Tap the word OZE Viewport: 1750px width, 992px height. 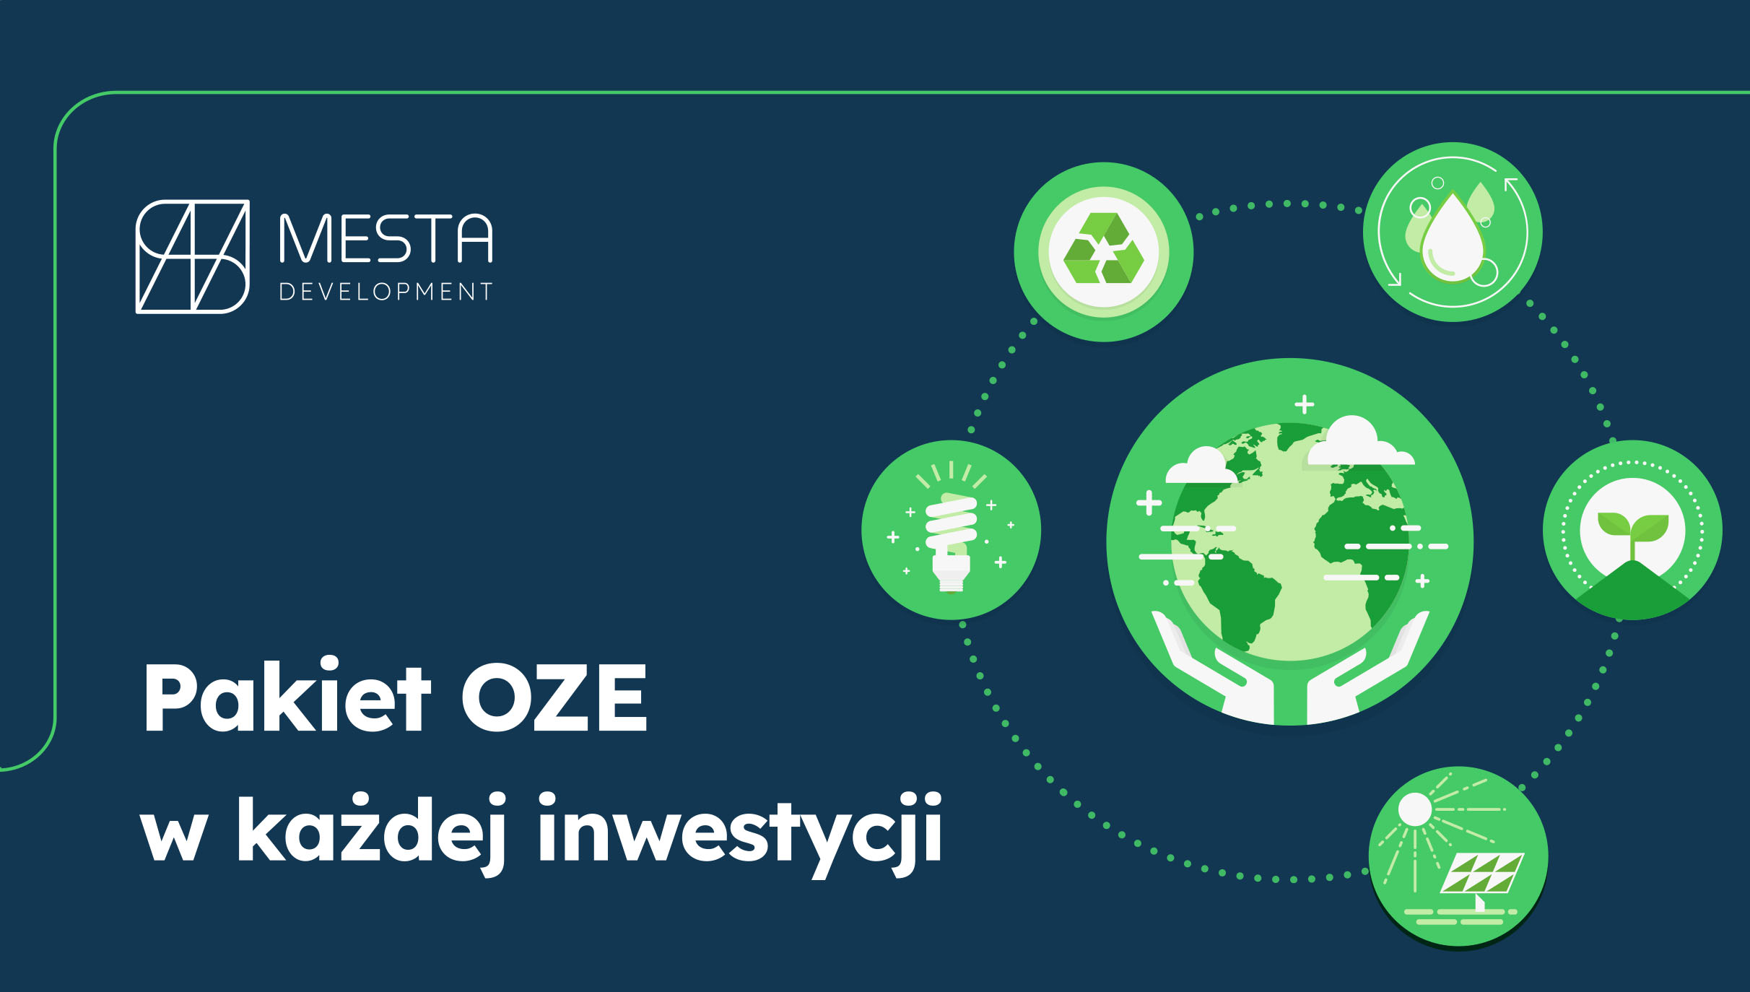pyautogui.click(x=554, y=697)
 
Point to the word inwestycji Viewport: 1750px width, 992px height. pyautogui.click(x=740, y=832)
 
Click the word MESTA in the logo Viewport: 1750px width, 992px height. pyautogui.click(x=386, y=238)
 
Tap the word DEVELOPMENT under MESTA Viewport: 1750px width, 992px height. pyautogui.click(x=386, y=292)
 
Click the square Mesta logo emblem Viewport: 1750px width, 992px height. pyautogui.click(x=193, y=256)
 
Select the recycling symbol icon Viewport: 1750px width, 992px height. pyautogui.click(x=1103, y=249)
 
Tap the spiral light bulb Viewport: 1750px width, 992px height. pyautogui.click(x=951, y=538)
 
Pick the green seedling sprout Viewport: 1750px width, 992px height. pyautogui.click(x=1632, y=531)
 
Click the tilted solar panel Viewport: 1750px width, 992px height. pyautogui.click(x=1482, y=874)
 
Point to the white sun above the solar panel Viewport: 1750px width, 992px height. pyautogui.click(x=1414, y=809)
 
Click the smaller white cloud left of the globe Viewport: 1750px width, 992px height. pyautogui.click(x=1201, y=467)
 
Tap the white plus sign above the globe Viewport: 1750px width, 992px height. pyautogui.click(x=1304, y=404)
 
